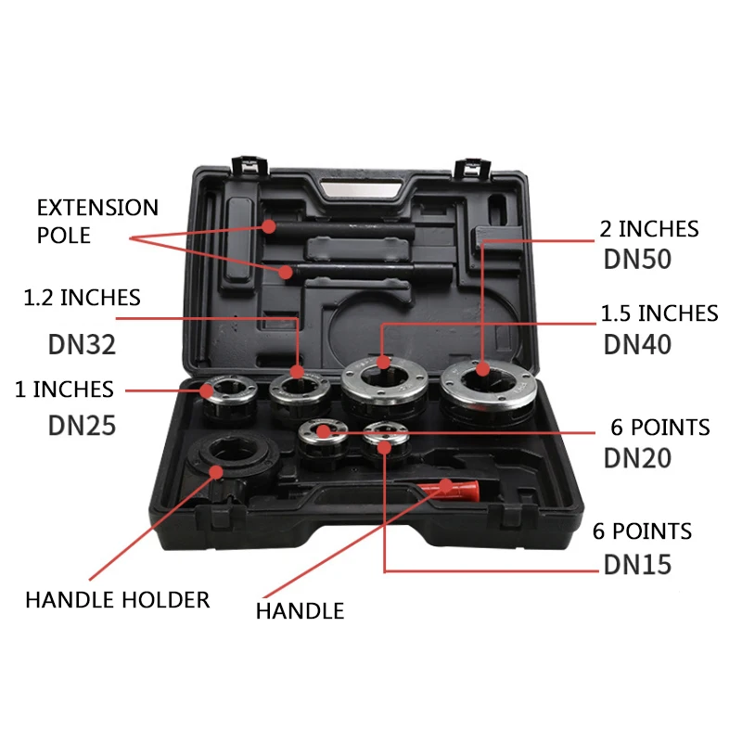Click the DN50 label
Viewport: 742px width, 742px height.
637,260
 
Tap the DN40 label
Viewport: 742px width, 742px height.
637,344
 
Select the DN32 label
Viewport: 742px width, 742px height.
82,344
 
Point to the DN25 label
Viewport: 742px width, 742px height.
82,426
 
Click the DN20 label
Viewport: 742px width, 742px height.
637,458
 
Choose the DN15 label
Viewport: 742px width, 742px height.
637,565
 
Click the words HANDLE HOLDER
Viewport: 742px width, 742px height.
118,600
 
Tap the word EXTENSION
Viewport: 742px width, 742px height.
97,208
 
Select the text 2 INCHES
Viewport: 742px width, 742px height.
649,229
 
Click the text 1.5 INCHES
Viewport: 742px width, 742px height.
659,313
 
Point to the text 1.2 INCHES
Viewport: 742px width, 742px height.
82,298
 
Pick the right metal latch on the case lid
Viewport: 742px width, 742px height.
472,167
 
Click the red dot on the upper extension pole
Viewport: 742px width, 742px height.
269,226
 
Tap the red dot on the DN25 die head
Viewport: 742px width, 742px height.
206,390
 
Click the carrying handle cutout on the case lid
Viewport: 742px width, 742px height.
361,189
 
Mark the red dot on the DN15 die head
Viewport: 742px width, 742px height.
385,447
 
